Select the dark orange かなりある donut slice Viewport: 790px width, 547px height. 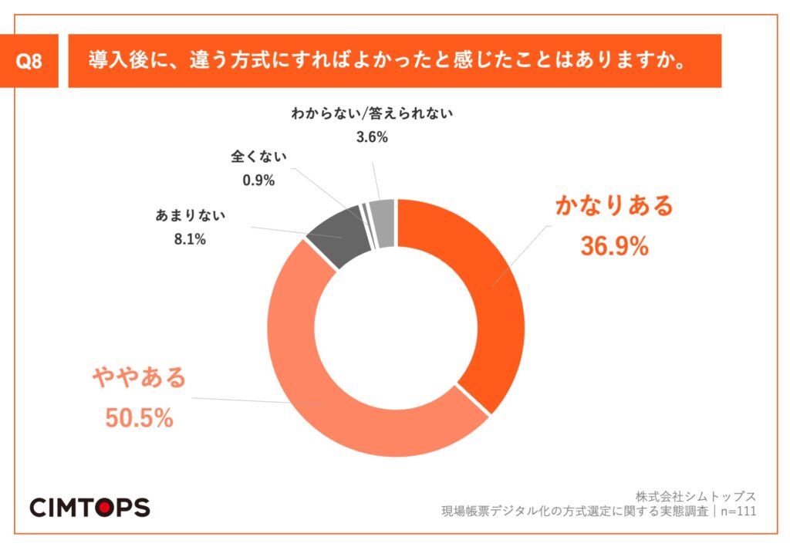click(478, 285)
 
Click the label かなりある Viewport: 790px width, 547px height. click(614, 206)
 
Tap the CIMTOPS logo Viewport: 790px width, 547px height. click(89, 506)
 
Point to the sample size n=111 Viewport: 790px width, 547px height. click(736, 511)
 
